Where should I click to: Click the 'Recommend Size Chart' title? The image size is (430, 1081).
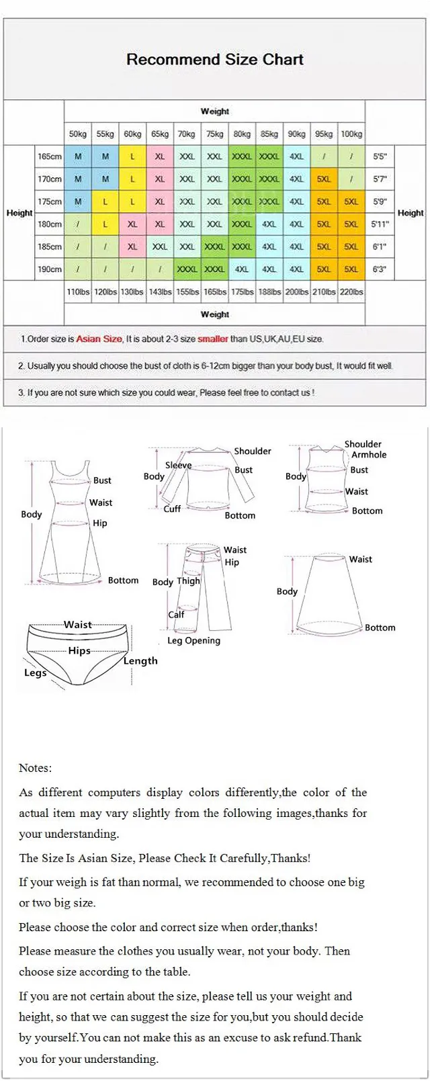pos(214,59)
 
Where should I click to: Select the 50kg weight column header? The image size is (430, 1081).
pos(78,134)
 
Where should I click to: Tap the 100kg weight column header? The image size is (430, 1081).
pos(351,134)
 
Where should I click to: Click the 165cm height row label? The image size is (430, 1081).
pos(50,157)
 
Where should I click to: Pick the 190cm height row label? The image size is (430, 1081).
pos(50,269)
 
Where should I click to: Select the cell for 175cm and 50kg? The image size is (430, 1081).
pos(78,202)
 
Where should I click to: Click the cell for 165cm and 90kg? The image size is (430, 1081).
pos(296,157)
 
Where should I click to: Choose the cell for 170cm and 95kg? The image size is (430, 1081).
pos(324,179)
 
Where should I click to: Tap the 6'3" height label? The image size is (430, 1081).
pos(380,269)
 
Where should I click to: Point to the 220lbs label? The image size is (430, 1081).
pos(351,292)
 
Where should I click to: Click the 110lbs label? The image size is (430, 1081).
pos(78,292)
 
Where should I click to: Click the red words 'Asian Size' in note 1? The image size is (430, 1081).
pos(99,339)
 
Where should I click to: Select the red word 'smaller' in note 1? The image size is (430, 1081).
pos(212,339)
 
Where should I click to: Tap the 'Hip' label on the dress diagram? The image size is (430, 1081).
pos(99,523)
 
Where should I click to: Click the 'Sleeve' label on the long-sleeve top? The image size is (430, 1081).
pos(178,465)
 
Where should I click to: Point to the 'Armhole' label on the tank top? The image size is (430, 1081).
pos(369,455)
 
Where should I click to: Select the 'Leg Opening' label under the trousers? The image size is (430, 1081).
pos(193,640)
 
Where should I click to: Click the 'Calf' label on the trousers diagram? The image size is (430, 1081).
pos(176,614)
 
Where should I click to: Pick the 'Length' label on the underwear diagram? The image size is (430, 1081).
pos(140,660)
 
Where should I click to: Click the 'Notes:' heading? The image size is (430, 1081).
pos(35,768)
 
